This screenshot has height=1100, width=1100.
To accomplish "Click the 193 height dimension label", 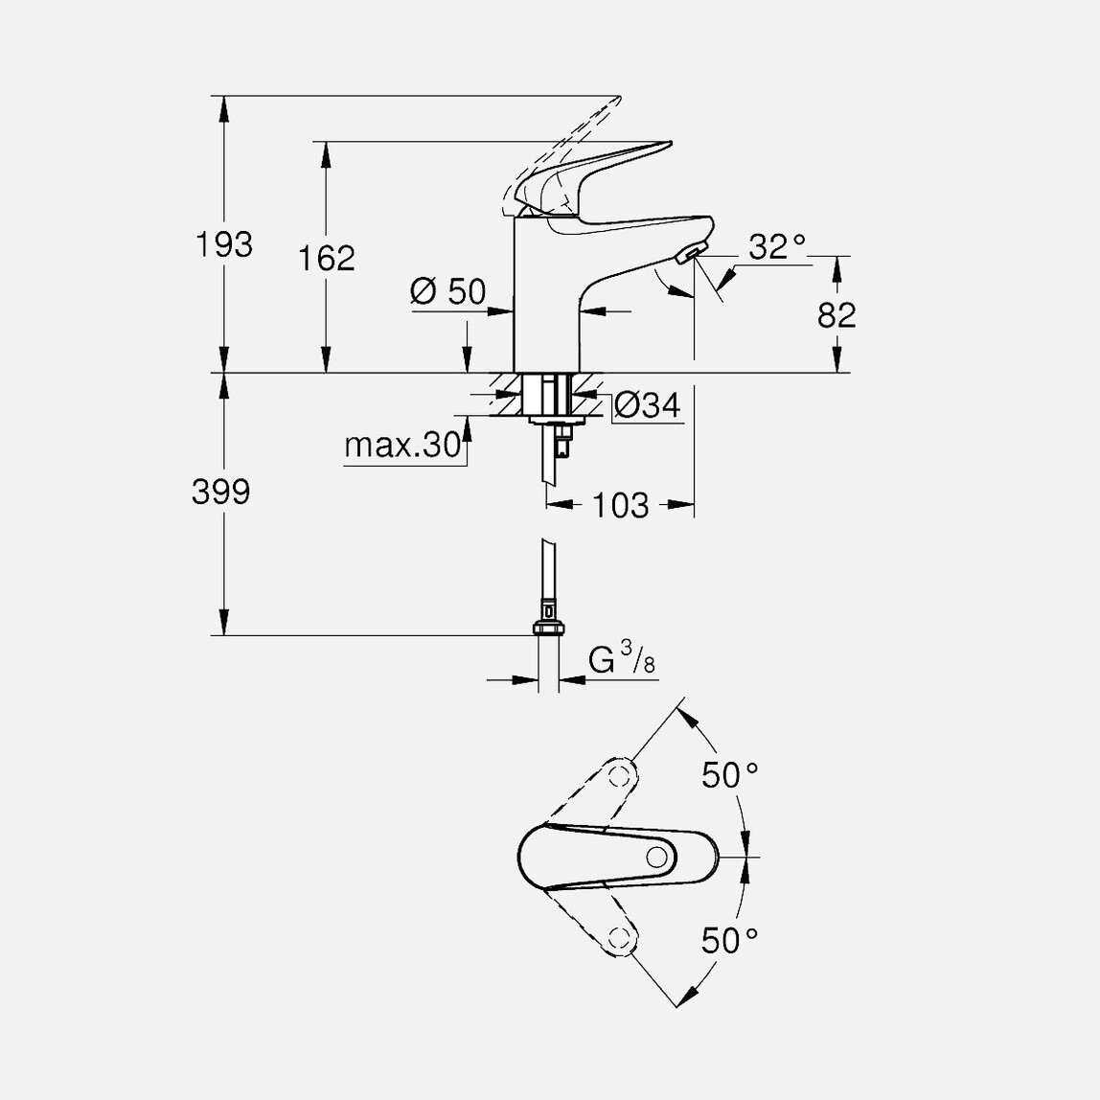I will [x=224, y=245].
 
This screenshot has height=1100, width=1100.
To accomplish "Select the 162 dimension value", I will [x=326, y=259].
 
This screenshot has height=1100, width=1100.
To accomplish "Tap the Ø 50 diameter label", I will [x=448, y=291].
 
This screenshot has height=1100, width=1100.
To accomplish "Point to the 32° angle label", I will [x=776, y=247].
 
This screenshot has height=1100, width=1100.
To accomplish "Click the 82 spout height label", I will [x=836, y=314].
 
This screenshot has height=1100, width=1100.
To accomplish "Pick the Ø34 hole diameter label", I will [x=647, y=406].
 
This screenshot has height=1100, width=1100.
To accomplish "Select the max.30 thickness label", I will [x=402, y=447].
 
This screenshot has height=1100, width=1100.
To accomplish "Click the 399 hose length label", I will [x=220, y=493].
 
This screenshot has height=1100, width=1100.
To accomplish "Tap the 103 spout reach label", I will [x=621, y=505].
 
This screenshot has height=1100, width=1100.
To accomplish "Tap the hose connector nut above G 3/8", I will [x=548, y=629].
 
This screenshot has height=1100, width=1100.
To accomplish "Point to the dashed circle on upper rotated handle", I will [x=620, y=773].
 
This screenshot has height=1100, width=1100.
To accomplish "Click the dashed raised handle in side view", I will [x=565, y=144].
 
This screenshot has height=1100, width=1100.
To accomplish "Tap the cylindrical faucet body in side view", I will [x=546, y=297].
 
